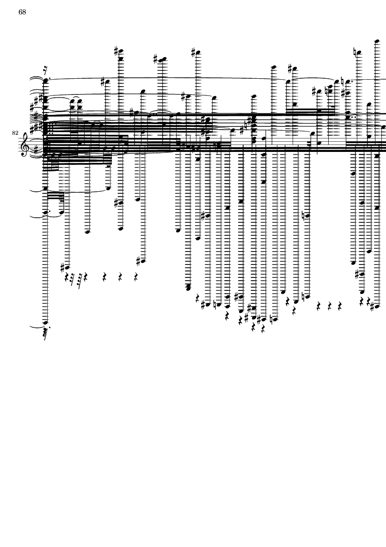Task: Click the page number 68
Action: point(22,12)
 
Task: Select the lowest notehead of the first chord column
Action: point(45,323)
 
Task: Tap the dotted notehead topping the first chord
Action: point(45,81)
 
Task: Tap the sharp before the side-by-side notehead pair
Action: point(156,59)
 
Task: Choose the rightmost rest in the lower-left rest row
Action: point(136,277)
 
